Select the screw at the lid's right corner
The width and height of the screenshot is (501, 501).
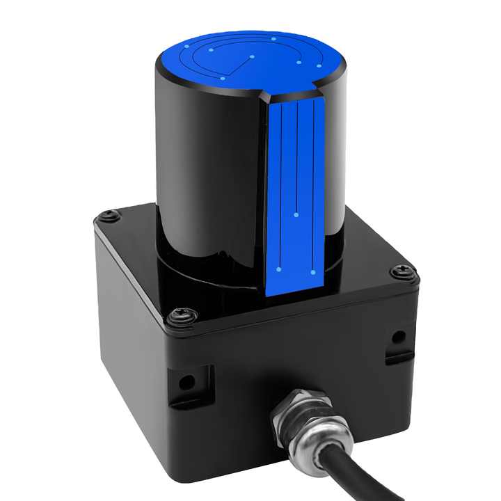[404, 272]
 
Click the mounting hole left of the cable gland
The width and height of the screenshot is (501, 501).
[186, 381]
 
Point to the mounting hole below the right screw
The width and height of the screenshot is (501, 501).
[398, 337]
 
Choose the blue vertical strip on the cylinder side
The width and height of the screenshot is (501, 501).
[296, 195]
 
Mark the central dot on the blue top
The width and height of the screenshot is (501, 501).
[252, 56]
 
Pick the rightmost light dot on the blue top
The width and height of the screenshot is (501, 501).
[318, 66]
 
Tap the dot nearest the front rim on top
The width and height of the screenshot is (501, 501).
[222, 78]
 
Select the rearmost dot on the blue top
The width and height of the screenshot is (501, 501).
[274, 38]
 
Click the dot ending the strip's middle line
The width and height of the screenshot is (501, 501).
[296, 215]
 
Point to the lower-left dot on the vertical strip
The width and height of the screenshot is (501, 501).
[279, 269]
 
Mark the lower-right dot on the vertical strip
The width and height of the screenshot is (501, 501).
[313, 271]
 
